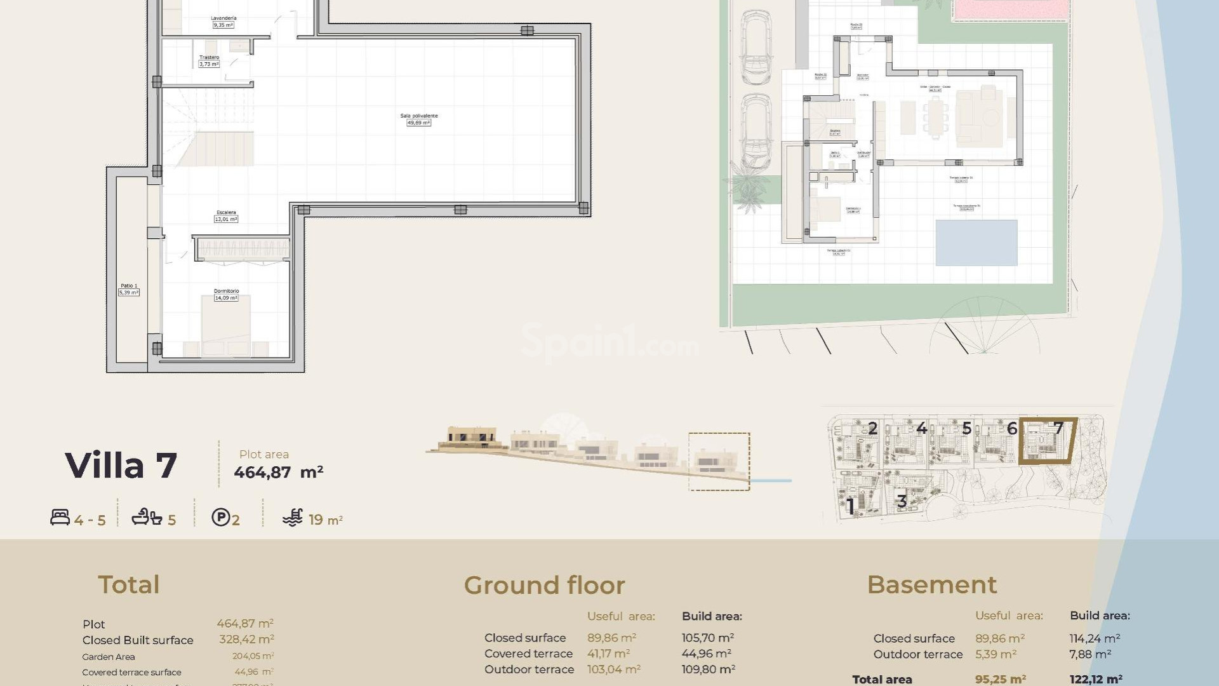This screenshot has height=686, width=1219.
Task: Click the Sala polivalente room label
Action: pos(418,119)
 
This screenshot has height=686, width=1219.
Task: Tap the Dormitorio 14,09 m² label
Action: pos(226,294)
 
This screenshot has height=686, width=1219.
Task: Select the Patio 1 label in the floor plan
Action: pos(129,289)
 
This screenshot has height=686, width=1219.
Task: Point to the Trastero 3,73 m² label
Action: pos(209,61)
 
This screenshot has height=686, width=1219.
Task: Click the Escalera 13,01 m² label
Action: pos(226,216)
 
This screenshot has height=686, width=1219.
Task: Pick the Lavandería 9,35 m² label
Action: pos(223,22)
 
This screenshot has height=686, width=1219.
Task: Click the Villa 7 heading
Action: pos(121,466)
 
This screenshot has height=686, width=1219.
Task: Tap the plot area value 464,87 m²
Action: pos(278,473)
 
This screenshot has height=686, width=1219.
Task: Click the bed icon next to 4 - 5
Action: pos(60,518)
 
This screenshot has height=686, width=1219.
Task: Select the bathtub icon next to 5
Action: pos(147,518)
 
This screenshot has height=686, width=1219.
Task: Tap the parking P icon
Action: pos(220,518)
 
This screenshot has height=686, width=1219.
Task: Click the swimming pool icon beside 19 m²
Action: pos(293,518)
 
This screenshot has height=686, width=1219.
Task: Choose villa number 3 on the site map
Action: pos(902,501)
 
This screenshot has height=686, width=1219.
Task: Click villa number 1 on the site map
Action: pos(851,506)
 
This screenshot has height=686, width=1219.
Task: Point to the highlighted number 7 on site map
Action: pos(1058,428)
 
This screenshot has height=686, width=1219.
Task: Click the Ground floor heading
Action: pos(544,585)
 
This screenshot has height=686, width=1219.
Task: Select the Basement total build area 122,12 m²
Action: pos(1095,679)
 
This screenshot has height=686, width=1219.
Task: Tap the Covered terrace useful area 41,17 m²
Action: pos(608,654)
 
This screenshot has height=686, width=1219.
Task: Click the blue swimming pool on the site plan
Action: pos(976,243)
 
